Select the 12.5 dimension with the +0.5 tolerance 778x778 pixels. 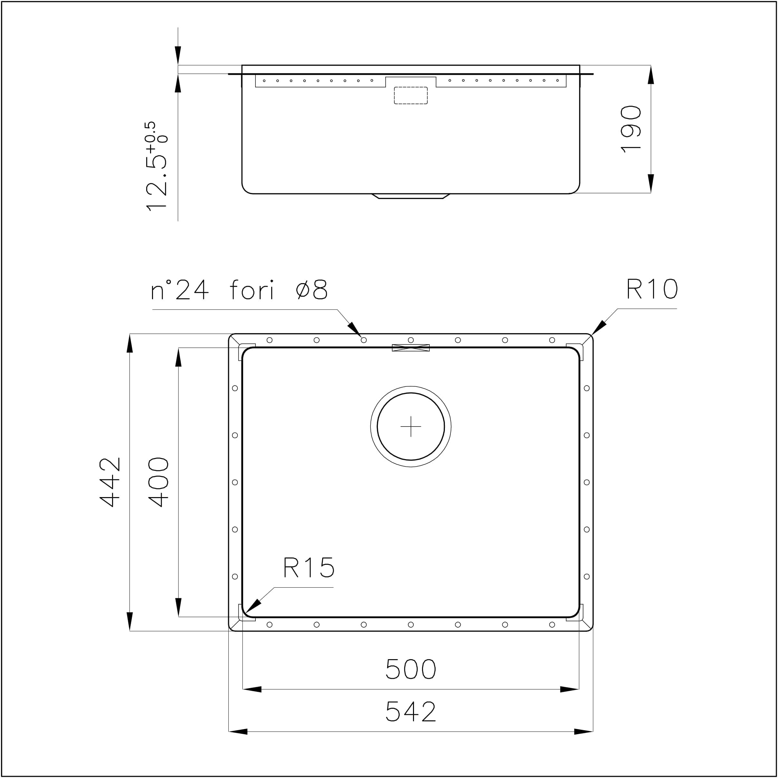click(156, 166)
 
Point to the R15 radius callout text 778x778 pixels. click(309, 568)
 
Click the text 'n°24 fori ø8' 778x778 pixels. click(239, 290)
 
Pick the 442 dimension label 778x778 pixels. click(110, 482)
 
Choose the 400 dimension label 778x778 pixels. click(158, 482)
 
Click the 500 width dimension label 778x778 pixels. click(410, 669)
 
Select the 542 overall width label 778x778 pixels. click(410, 712)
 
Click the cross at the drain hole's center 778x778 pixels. click(411, 427)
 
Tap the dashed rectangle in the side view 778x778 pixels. click(411, 95)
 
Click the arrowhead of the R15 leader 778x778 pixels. click(253, 606)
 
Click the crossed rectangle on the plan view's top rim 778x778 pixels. click(411, 348)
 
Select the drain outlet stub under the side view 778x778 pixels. click(411, 196)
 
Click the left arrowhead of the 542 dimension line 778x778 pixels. click(238, 732)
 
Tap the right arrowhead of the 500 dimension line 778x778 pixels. click(570, 689)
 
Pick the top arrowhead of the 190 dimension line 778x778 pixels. click(651, 75)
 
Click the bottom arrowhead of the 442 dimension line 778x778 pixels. click(130, 621)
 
